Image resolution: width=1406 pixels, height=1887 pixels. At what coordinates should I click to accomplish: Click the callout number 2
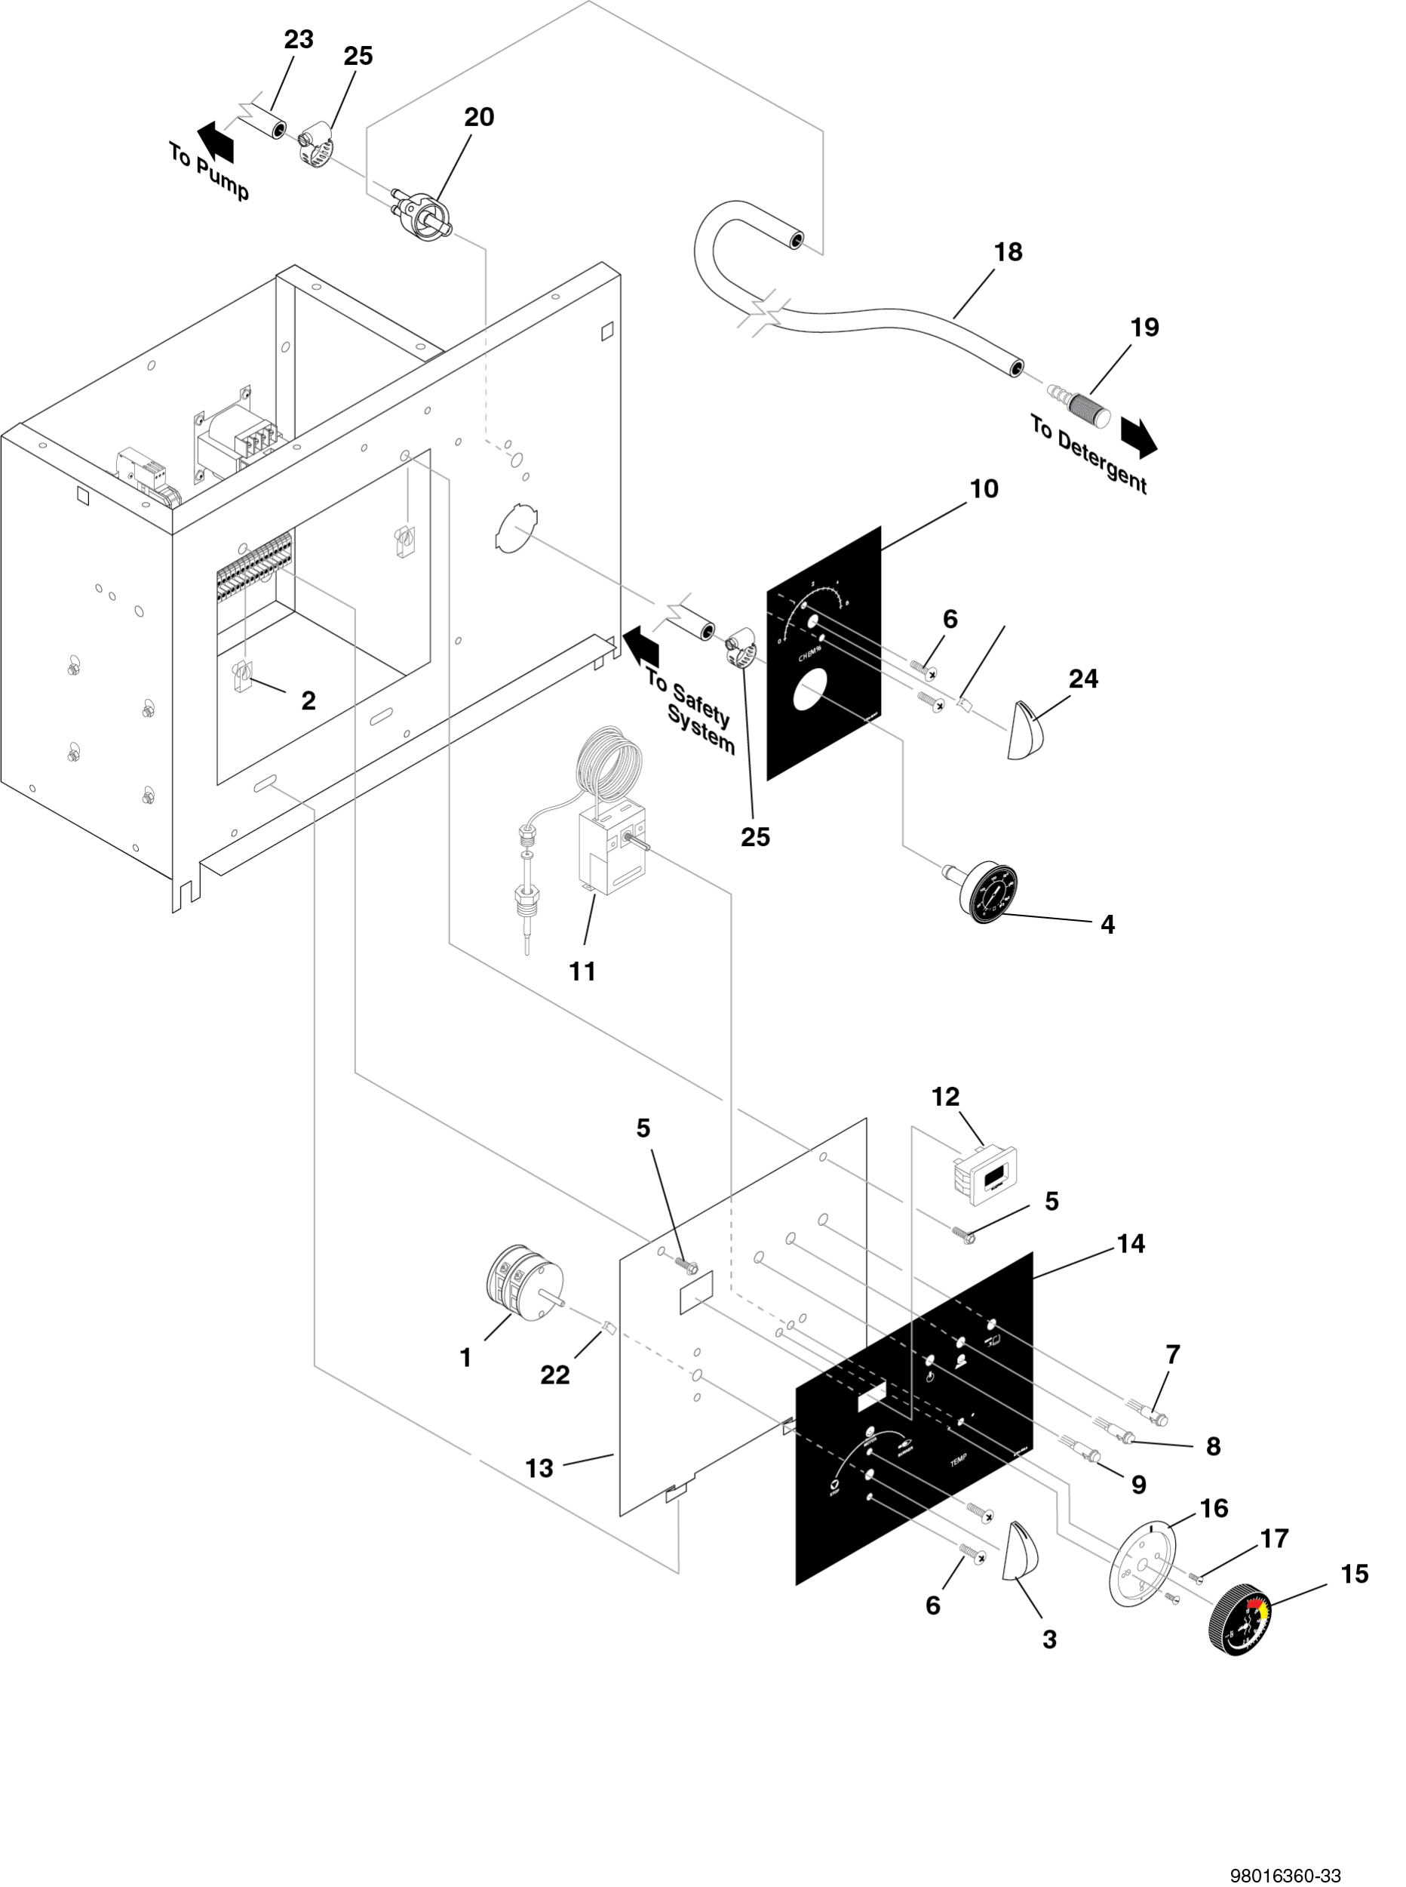[308, 700]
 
